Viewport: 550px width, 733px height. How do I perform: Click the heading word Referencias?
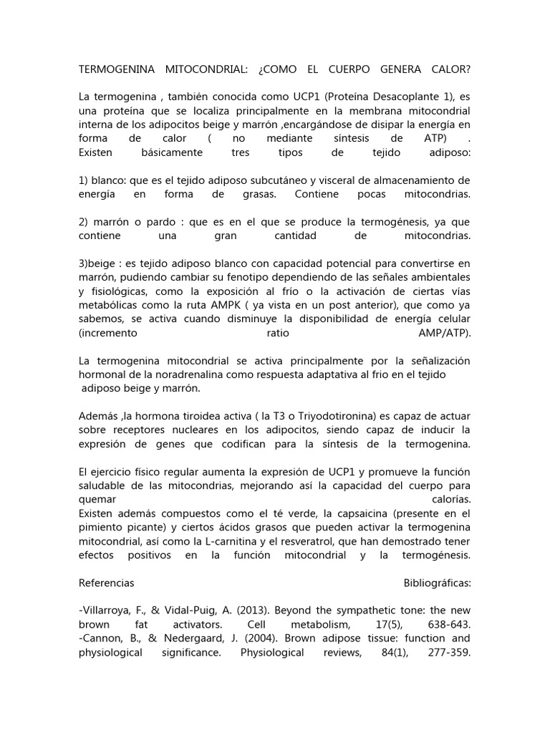pos(106,583)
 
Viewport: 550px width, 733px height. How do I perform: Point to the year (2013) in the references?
pos(273,609)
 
